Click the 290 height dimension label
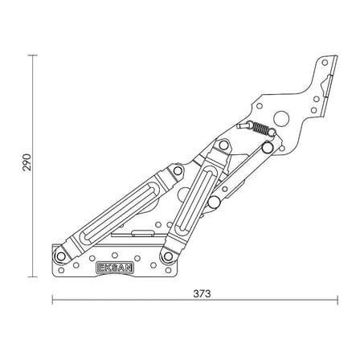(x=27, y=162)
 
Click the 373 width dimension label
(x=202, y=294)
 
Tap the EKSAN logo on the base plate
(x=115, y=268)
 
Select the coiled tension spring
(x=260, y=128)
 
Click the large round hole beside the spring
(x=281, y=118)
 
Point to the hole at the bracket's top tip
(x=325, y=63)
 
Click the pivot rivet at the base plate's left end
(x=61, y=256)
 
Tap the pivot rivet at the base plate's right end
(x=168, y=256)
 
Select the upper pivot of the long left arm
(x=178, y=171)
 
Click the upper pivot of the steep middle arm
(x=223, y=145)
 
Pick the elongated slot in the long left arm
(x=120, y=211)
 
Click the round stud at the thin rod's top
(x=268, y=148)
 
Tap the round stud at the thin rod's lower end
(x=214, y=202)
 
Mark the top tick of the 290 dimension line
(x=33, y=55)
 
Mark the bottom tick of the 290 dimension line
(x=33, y=276)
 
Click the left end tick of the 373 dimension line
(x=52, y=300)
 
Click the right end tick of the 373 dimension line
(x=337, y=300)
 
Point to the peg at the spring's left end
(x=243, y=125)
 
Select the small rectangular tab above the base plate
(x=143, y=233)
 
